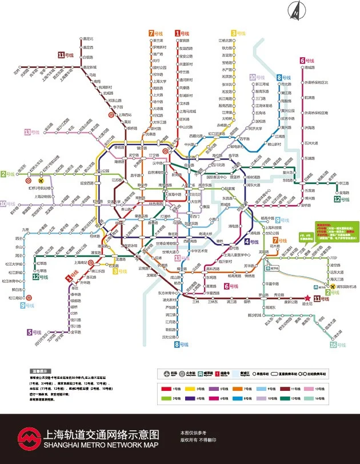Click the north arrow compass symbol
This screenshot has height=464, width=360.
296,10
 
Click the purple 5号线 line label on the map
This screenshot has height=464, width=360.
34,332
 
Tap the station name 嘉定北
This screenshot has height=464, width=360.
87,39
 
